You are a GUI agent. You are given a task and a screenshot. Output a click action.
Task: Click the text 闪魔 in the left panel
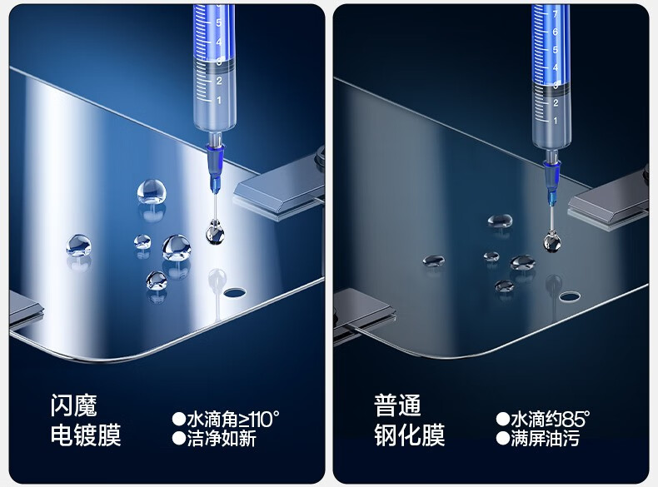pyautogui.click(x=74, y=405)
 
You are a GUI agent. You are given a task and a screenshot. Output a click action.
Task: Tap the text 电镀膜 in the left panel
pyautogui.click(x=86, y=435)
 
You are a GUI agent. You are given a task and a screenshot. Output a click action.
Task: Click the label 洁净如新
pyautogui.click(x=222, y=439)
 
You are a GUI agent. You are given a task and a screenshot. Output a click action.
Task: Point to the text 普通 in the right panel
pyautogui.click(x=397, y=405)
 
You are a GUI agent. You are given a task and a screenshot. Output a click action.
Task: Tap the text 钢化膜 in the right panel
pyautogui.click(x=409, y=435)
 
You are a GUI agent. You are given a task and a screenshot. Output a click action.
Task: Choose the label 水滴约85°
pyautogui.click(x=551, y=419)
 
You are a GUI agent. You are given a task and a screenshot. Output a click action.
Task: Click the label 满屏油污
pyautogui.click(x=545, y=439)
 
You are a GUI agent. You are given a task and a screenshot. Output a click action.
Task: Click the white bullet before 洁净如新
pyautogui.click(x=179, y=439)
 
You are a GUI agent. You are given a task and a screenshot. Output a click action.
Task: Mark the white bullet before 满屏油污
pyautogui.click(x=503, y=439)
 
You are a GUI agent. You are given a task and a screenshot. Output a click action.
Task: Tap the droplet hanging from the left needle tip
pyautogui.click(x=215, y=232)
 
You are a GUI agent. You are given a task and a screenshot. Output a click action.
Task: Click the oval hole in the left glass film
pyautogui.click(x=235, y=292)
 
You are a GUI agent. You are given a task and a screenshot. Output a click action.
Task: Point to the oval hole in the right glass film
pyautogui.click(x=571, y=297)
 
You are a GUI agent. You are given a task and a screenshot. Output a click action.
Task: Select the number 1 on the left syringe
pyautogui.click(x=218, y=100)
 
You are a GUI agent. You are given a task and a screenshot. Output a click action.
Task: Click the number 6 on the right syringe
pyautogui.click(x=555, y=32)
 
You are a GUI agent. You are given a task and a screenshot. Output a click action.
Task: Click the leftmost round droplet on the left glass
pyautogui.click(x=79, y=246)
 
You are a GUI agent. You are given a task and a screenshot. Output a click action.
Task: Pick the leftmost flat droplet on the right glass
pyautogui.click(x=433, y=261)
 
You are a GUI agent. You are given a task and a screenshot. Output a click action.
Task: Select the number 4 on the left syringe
pyautogui.click(x=218, y=42)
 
